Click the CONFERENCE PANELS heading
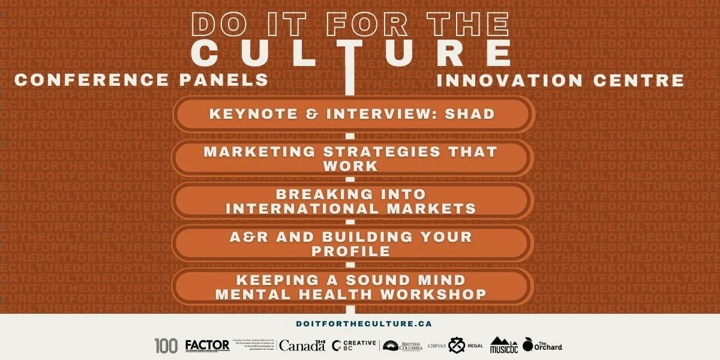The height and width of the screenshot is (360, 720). click(x=142, y=80)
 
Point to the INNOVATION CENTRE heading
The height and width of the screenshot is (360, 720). click(x=560, y=80)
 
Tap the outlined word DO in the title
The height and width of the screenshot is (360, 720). click(x=215, y=24)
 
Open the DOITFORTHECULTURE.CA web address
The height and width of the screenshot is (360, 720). click(x=364, y=323)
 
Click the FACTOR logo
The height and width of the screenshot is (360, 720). click(x=207, y=346)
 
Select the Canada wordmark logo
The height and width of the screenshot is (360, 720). click(x=302, y=346)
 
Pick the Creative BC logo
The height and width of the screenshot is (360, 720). click(x=354, y=346)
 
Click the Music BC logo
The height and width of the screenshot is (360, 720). click(x=503, y=346)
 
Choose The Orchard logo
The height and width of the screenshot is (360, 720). click(x=542, y=345)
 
